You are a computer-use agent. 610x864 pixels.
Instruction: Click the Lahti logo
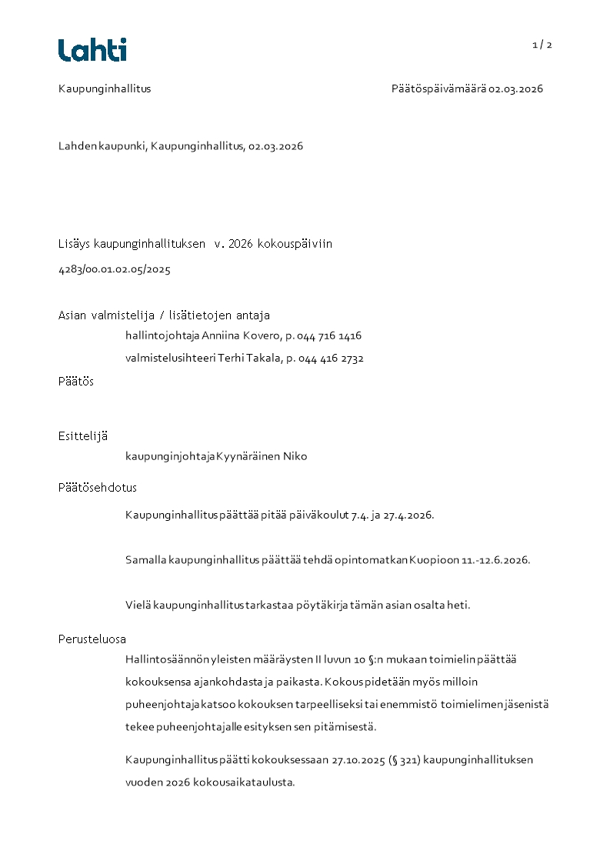(x=92, y=50)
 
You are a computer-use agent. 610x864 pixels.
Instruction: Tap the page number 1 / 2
(x=542, y=45)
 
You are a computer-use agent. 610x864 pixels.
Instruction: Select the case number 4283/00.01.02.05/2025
(x=115, y=269)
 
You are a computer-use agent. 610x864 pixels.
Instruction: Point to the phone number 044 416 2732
(x=331, y=359)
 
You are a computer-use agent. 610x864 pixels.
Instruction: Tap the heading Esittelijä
(x=83, y=436)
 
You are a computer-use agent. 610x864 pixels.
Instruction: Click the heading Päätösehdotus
(x=98, y=488)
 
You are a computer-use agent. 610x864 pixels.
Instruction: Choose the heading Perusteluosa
(x=92, y=639)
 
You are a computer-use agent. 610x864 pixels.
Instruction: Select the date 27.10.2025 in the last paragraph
(x=361, y=760)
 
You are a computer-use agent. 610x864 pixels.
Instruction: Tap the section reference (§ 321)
(x=411, y=760)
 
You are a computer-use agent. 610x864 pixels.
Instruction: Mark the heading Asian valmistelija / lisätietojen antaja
(x=164, y=315)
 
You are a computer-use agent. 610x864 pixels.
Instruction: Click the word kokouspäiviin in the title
(x=296, y=244)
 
